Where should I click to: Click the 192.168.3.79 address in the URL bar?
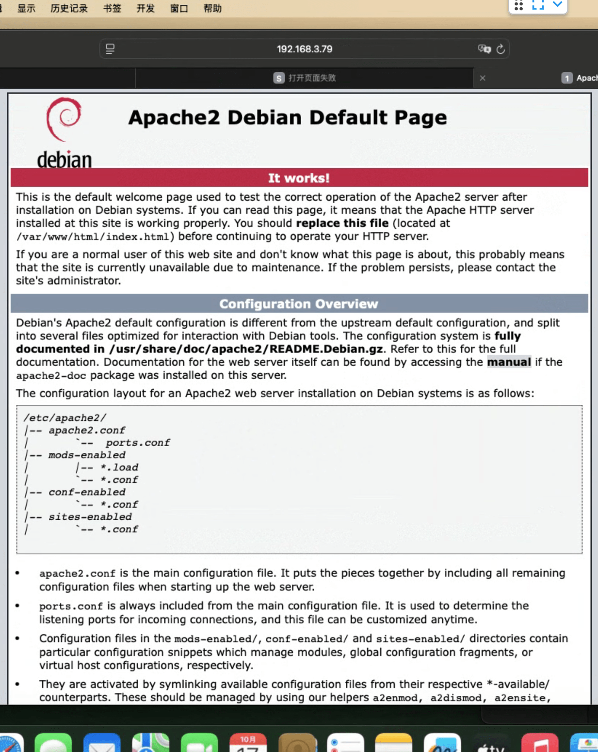305,49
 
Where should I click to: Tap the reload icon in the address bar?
501,49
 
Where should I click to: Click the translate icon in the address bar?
484,49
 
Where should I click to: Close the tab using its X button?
483,78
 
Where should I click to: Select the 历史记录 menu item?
69,8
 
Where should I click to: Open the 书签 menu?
112,8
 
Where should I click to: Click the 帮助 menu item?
212,8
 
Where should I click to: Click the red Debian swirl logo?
64,118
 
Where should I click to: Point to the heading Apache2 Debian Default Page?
287,118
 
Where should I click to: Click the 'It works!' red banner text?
299,178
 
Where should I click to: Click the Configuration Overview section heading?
299,304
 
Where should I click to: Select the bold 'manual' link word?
509,362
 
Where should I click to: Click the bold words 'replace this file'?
342,224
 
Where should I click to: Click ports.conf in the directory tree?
138,443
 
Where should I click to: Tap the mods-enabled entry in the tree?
87,455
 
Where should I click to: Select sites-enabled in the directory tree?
90,517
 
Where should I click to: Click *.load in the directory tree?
119,467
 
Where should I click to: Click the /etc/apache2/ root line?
65,418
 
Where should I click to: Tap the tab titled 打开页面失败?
312,78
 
